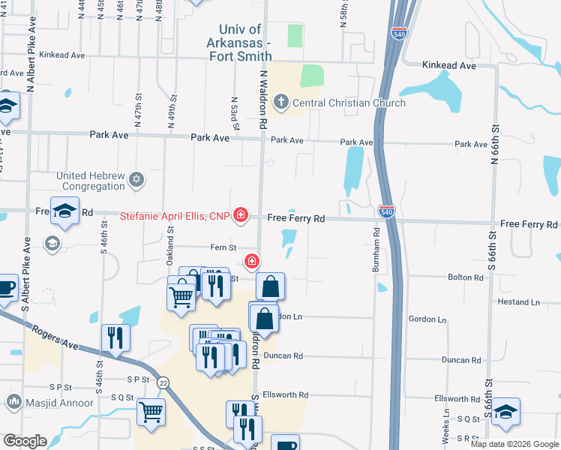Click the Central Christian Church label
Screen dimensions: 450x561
349,103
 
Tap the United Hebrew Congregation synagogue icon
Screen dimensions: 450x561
136,179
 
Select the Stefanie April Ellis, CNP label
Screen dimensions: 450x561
175,217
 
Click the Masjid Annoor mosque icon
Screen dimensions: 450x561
13,403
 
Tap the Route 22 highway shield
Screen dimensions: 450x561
163,382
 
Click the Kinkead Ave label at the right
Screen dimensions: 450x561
448,66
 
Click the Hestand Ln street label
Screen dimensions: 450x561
519,302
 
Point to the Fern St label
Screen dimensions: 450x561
223,247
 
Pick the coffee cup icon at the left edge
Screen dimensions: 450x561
6,288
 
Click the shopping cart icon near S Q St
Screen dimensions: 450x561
151,412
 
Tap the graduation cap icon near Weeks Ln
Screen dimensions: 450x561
505,412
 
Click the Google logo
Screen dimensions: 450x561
25,442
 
